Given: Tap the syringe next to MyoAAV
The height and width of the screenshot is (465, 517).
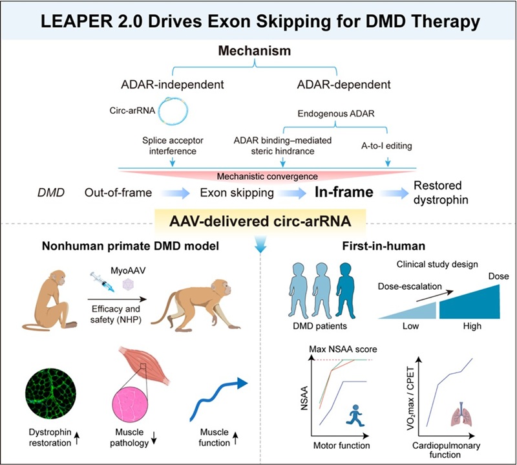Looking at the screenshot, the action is [x=103, y=282].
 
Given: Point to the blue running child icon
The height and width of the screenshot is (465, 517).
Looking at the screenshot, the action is [x=354, y=415].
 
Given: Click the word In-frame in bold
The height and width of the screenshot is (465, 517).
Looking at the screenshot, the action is [x=344, y=191].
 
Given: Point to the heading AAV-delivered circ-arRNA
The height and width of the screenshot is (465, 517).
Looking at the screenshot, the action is [x=260, y=221].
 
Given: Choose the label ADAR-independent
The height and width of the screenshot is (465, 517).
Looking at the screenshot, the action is [x=173, y=85].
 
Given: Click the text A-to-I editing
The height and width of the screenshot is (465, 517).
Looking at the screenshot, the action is [x=386, y=146].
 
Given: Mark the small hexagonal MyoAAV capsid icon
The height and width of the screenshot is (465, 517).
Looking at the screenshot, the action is [x=128, y=285].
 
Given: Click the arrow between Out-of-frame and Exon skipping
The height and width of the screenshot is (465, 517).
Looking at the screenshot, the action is [x=175, y=193].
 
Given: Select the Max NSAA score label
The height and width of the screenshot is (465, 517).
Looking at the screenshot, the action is [x=343, y=349].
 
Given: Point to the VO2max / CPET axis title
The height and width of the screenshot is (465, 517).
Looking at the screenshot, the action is [x=411, y=398].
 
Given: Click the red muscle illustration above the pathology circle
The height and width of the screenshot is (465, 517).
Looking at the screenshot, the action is [x=144, y=365].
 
